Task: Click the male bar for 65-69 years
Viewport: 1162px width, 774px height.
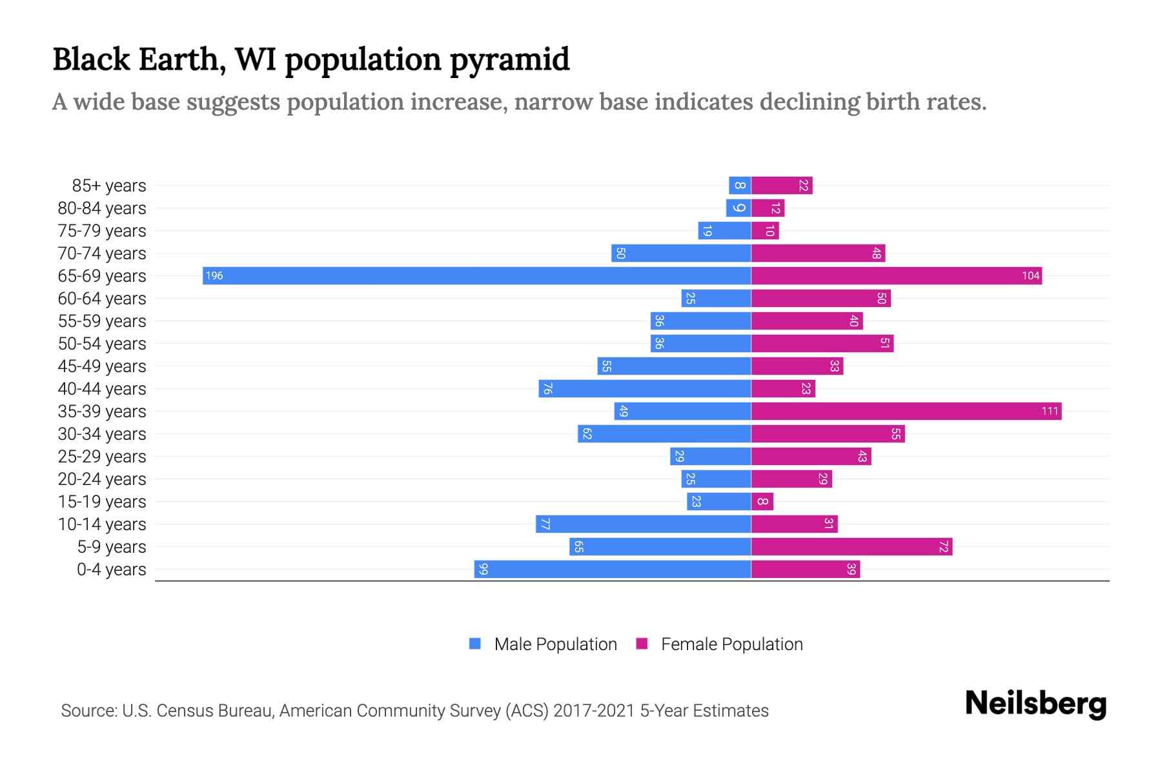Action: pos(476,275)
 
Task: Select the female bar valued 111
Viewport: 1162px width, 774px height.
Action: pos(906,411)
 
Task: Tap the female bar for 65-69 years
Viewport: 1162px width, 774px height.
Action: pos(896,275)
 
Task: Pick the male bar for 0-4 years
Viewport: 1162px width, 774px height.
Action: pos(612,569)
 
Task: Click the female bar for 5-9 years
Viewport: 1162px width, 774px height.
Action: pos(851,546)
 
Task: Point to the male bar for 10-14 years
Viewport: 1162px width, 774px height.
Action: pos(643,524)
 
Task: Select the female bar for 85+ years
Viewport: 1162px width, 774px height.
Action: pos(782,185)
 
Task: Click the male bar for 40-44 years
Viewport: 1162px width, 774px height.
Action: pos(644,388)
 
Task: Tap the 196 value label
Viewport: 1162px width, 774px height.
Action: pos(214,276)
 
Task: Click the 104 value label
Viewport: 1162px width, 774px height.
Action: pos(1030,276)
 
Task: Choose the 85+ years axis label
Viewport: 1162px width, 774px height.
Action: pos(109,186)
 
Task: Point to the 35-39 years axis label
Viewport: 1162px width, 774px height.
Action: pos(102,412)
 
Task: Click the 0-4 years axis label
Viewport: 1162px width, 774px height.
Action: pos(111,570)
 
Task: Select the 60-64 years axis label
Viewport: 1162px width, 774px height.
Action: pos(102,299)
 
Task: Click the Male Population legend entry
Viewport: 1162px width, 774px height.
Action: pos(555,644)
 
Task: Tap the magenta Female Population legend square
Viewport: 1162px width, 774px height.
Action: pos(642,644)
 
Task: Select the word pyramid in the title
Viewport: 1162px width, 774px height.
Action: pos(509,60)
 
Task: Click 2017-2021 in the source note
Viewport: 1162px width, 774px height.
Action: pos(593,711)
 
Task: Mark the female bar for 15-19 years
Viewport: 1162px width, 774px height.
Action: pos(762,501)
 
